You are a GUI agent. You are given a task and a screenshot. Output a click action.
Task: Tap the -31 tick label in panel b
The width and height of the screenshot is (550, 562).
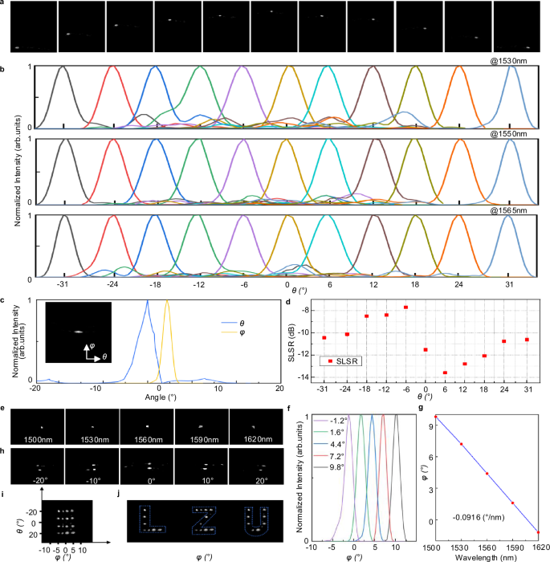[63, 285]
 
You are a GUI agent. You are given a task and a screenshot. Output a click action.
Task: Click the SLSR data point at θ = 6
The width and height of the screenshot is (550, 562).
[446, 373]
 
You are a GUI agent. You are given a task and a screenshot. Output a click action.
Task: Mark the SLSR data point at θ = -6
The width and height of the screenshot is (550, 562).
[406, 307]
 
